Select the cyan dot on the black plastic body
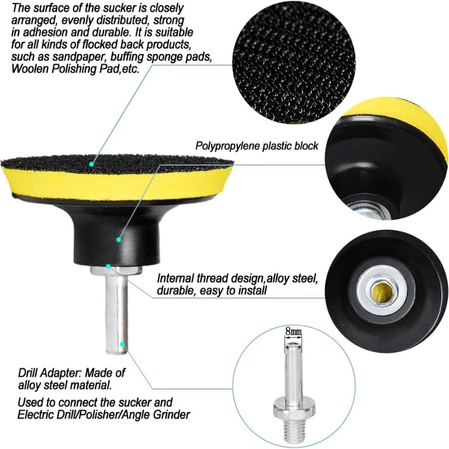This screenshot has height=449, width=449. point(118,240)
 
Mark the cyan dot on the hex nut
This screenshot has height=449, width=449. point(108,265)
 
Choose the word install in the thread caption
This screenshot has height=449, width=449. point(252,291)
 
